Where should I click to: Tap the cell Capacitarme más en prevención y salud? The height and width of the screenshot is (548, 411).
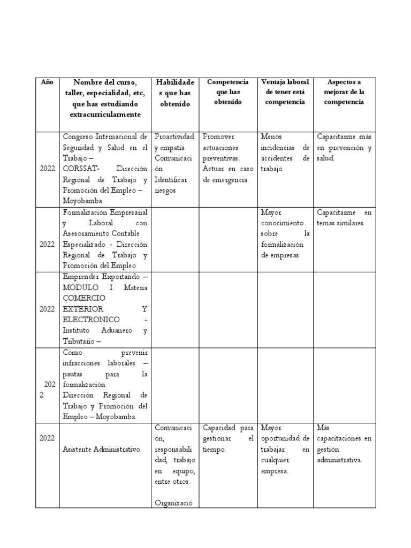pyautogui.click(x=344, y=147)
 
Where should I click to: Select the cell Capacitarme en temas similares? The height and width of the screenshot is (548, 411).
pyautogui.click(x=344, y=217)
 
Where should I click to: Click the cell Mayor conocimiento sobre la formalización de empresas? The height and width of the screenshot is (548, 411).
pyautogui.click(x=284, y=233)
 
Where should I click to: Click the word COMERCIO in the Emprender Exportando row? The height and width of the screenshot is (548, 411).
pyautogui.click(x=84, y=298)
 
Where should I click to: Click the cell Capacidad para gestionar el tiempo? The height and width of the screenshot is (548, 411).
pyautogui.click(x=227, y=439)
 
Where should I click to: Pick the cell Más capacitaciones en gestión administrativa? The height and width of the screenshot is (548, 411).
pyautogui.click(x=344, y=444)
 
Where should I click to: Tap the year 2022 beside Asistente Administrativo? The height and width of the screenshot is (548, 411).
pyautogui.click(x=47, y=438)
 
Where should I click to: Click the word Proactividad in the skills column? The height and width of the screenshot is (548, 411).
pyautogui.click(x=174, y=136)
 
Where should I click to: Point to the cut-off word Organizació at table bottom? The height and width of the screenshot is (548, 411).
pyautogui.click(x=174, y=503)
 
